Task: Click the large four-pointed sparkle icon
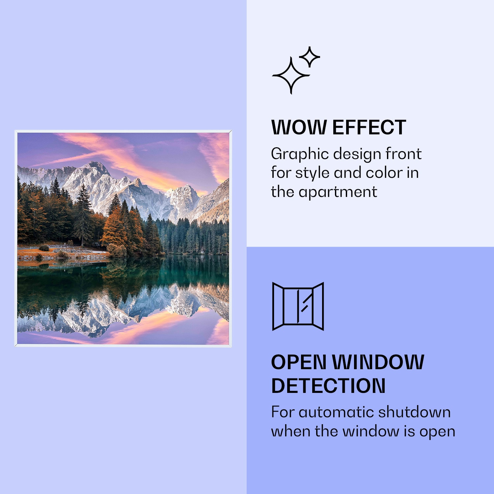290,75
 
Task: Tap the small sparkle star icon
309,57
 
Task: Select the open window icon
298,306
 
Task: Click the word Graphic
300,154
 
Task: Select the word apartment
338,192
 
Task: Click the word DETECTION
328,386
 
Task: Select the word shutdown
414,412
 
